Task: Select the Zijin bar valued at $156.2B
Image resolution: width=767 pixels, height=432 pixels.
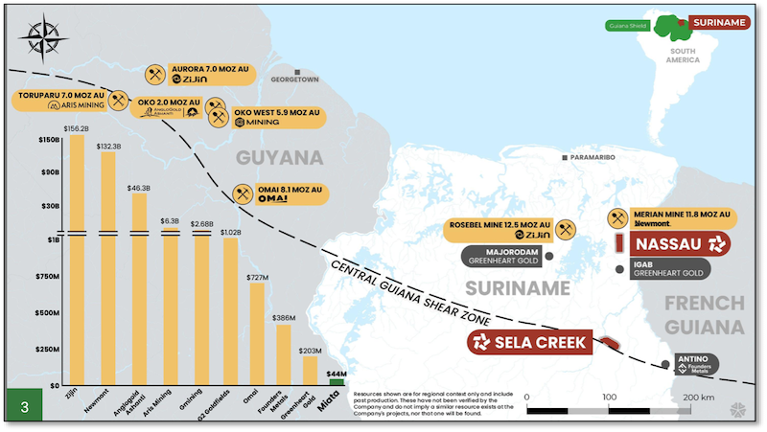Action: click(x=76, y=259)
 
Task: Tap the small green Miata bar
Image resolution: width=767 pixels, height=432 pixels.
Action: click(x=336, y=382)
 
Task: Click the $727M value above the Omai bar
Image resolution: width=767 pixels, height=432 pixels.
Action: click(x=256, y=277)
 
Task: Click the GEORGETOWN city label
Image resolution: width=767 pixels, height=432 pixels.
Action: click(x=293, y=80)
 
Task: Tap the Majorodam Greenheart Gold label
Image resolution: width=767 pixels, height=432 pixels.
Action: click(x=502, y=257)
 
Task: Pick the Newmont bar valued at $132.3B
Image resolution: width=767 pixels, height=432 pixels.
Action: click(x=108, y=268)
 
